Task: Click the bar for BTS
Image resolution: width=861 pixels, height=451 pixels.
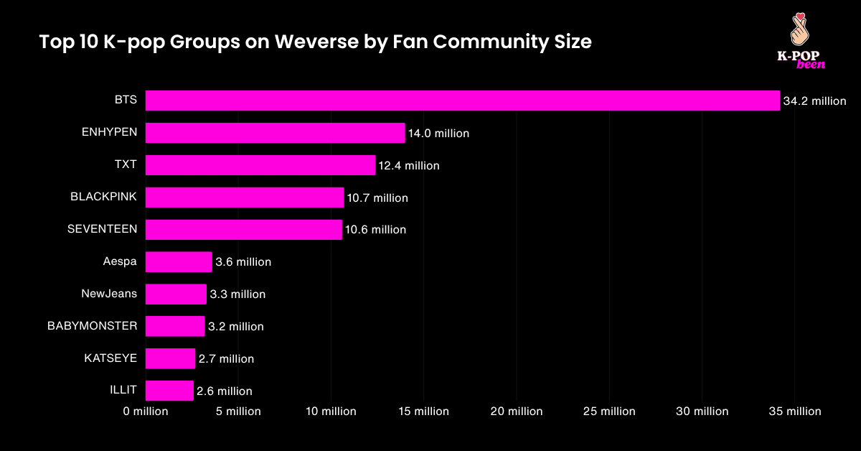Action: coord(462,101)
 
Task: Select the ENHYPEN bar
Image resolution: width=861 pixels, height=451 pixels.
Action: coord(275,133)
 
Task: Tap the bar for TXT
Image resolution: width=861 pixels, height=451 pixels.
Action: coord(260,165)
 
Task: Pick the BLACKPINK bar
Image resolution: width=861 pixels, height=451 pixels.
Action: coord(244,197)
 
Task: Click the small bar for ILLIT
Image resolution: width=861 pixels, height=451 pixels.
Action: coord(169,391)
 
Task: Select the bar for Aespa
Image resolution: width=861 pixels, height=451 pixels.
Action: coord(179,262)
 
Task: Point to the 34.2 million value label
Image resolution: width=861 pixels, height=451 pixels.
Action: coord(814,101)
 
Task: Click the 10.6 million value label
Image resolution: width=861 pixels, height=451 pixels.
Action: coord(375,230)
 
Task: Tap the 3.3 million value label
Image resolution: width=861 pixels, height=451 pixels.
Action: coord(237,294)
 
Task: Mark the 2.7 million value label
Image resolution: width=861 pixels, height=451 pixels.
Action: coord(226,358)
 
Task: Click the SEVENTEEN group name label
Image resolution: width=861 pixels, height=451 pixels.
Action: coord(102,229)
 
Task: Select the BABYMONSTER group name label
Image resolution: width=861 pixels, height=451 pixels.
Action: coord(92,326)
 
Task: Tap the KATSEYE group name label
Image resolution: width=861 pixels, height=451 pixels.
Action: coord(110,358)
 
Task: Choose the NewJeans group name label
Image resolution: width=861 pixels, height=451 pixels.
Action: coord(109,294)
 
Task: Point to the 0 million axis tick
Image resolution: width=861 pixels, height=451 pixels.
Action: coord(146,412)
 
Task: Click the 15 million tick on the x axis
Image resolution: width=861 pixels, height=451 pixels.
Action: coord(423,412)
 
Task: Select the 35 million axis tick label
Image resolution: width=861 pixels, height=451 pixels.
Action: coord(794,412)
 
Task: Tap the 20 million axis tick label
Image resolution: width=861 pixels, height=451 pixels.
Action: coord(517,412)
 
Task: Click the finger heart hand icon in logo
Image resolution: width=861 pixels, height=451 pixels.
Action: coord(799,29)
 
